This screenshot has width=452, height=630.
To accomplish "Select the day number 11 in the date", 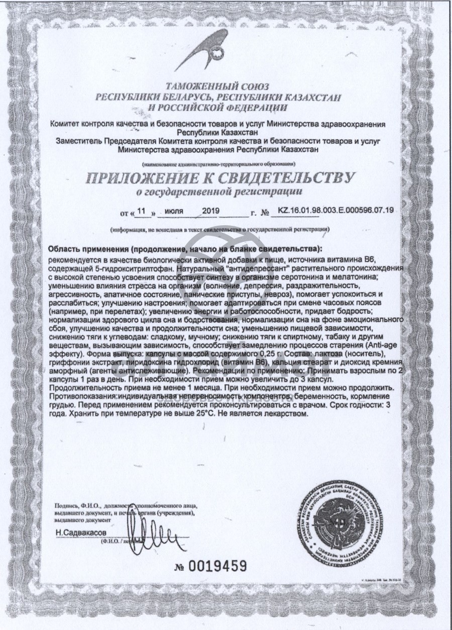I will pyautogui.click(x=144, y=211).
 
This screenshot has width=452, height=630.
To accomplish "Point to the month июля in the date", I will pyautogui.click(x=175, y=211).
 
